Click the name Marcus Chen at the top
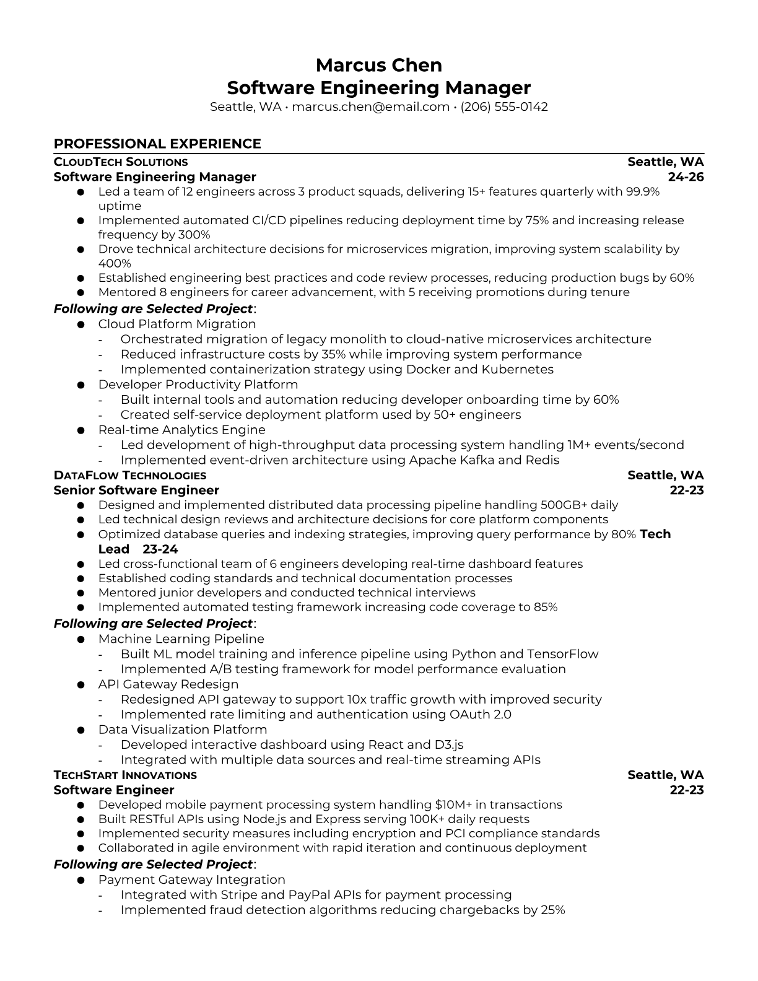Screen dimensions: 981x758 click(x=378, y=65)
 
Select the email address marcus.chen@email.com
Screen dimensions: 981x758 click(x=370, y=107)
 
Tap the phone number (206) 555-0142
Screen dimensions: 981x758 click(x=504, y=107)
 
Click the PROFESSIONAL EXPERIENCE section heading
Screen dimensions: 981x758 click(x=157, y=144)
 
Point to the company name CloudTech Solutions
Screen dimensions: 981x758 click(x=121, y=162)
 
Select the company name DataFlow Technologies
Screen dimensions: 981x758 click(x=130, y=476)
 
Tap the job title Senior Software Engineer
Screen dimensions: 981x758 click(x=136, y=490)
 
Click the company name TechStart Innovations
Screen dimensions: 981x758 click(x=125, y=775)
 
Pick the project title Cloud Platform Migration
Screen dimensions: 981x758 click(x=176, y=324)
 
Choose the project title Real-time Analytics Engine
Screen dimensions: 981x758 click(x=181, y=430)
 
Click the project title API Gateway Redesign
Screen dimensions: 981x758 click(x=168, y=684)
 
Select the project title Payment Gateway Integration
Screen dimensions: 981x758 click(x=191, y=880)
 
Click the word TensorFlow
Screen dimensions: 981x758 click(x=562, y=654)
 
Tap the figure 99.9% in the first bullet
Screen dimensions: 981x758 click(x=642, y=192)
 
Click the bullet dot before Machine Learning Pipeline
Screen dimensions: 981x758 click(x=81, y=640)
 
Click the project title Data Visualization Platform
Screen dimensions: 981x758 click(x=183, y=730)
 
